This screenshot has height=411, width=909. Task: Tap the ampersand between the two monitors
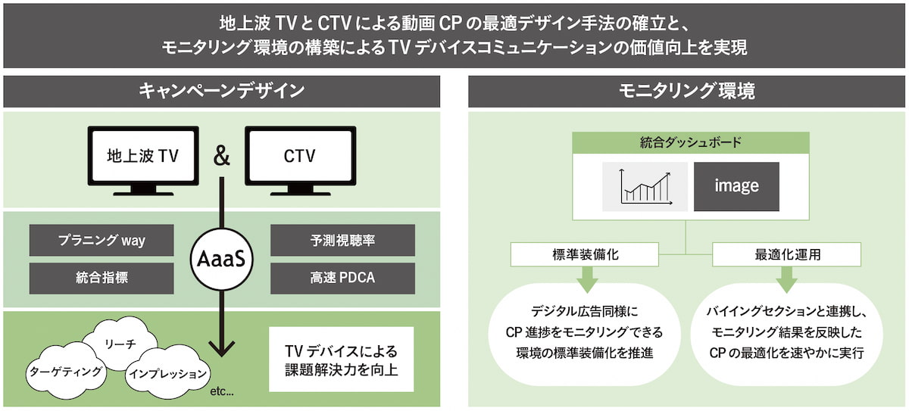(221, 156)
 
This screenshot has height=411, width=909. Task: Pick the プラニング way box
(102, 241)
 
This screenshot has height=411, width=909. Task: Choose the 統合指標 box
(102, 278)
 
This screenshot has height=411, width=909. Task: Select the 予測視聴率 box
(342, 241)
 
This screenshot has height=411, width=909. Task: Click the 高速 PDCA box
(342, 278)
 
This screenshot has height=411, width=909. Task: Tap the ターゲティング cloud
(65, 371)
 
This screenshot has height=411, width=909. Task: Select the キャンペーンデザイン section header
(221, 92)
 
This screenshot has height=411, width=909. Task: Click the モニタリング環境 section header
(687, 92)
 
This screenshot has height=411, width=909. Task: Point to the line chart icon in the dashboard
(645, 186)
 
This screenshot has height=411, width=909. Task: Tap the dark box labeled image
(736, 186)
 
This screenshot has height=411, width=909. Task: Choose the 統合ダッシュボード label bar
(690, 142)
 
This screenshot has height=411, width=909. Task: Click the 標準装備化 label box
(584, 254)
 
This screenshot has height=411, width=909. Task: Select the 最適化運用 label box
(786, 254)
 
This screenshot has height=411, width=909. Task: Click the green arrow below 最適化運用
(786, 281)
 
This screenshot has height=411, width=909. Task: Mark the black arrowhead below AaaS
(221, 347)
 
